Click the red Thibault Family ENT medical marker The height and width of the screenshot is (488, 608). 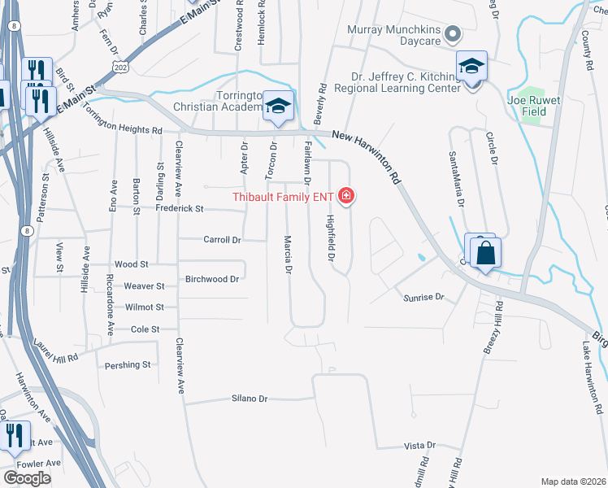[346, 196]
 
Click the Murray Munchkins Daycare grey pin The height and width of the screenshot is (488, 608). [454, 34]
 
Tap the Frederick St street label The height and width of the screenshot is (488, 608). [178, 209]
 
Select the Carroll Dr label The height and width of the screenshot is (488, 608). [221, 240]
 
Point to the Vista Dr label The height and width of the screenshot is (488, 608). [420, 446]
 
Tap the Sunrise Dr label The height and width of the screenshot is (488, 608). [423, 298]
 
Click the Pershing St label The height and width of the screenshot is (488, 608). [128, 365]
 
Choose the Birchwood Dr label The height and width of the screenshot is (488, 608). [212, 278]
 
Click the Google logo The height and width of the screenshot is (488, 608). [27, 478]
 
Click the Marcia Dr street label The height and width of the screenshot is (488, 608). [288, 255]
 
